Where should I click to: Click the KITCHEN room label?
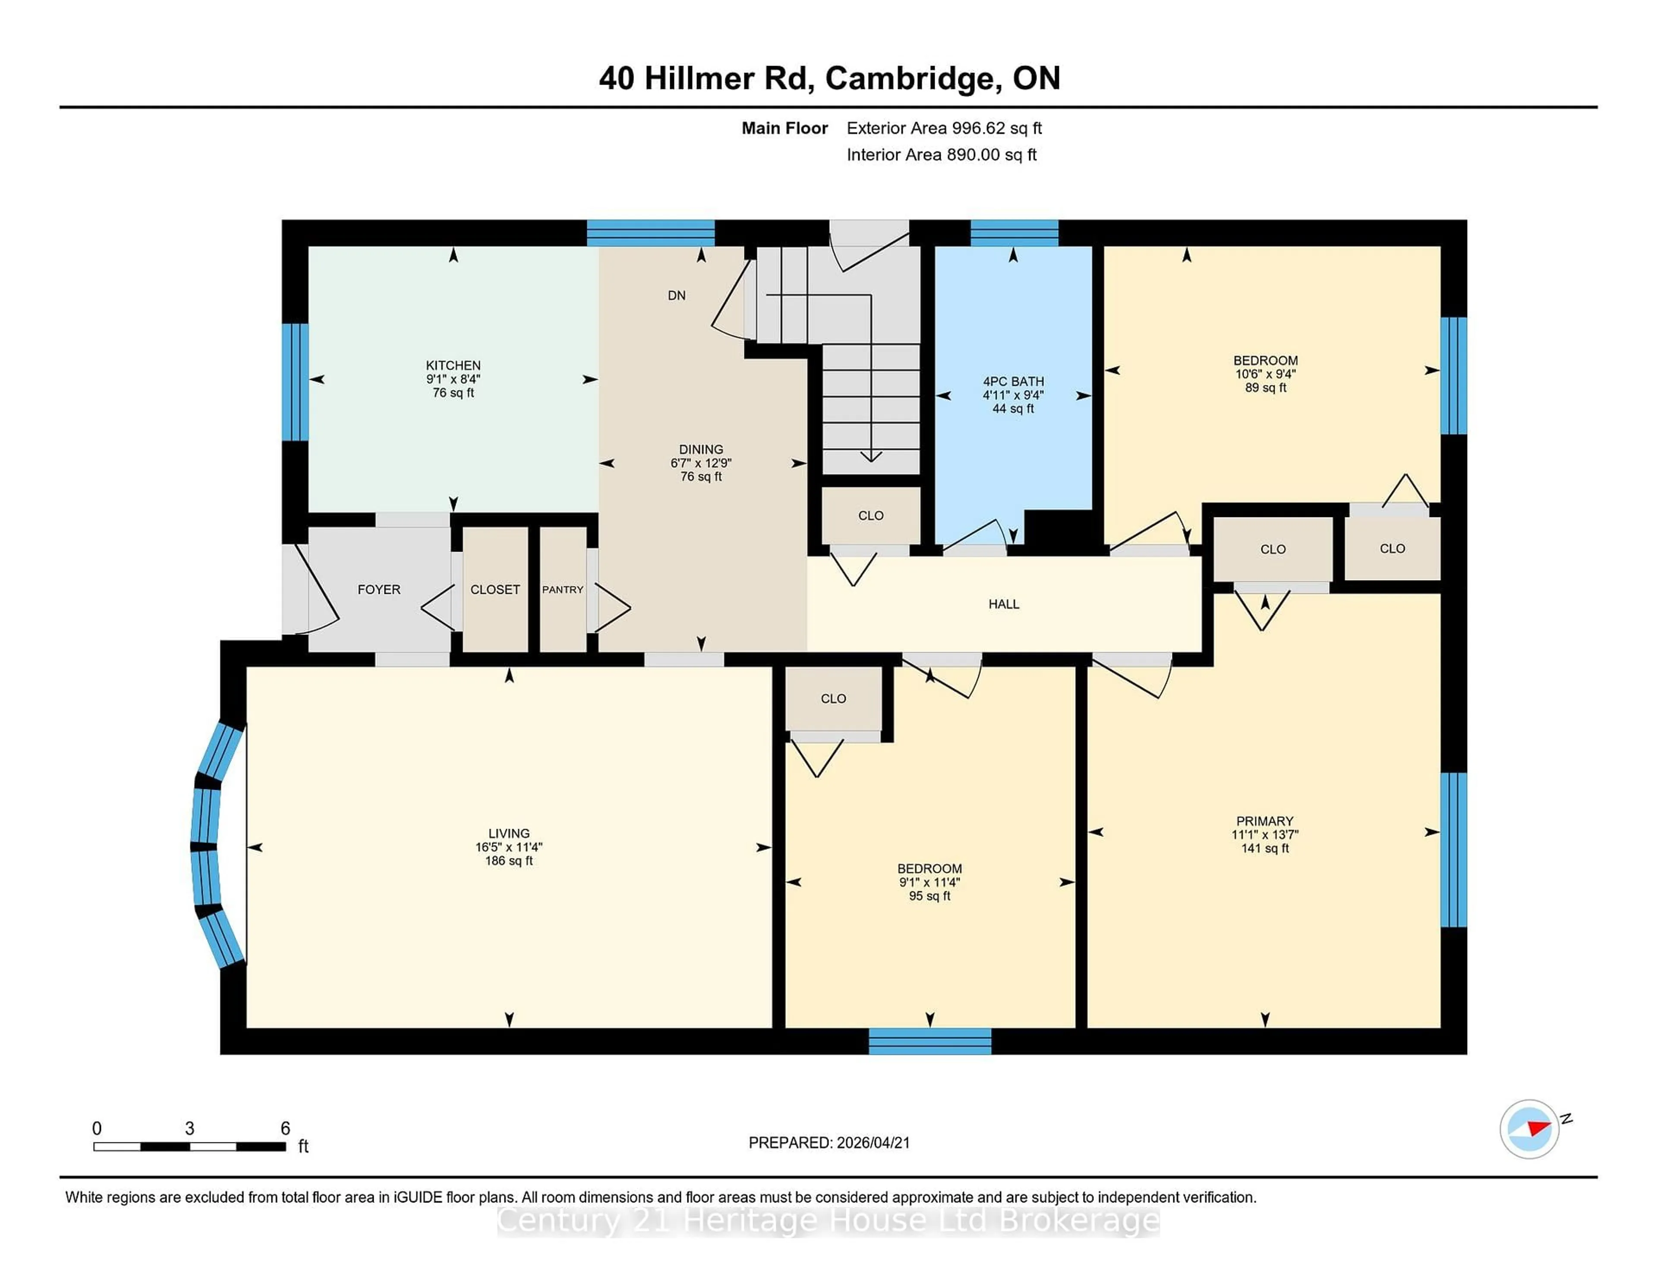(453, 365)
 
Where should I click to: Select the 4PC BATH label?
(1013, 381)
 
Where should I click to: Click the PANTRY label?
(562, 590)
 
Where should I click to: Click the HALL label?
(1003, 604)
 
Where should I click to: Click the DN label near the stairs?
(676, 295)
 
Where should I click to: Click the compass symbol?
(1529, 1129)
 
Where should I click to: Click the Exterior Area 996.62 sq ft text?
(944, 128)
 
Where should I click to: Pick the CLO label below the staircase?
(870, 515)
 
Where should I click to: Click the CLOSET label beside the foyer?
(495, 590)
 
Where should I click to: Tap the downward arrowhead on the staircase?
(870, 456)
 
